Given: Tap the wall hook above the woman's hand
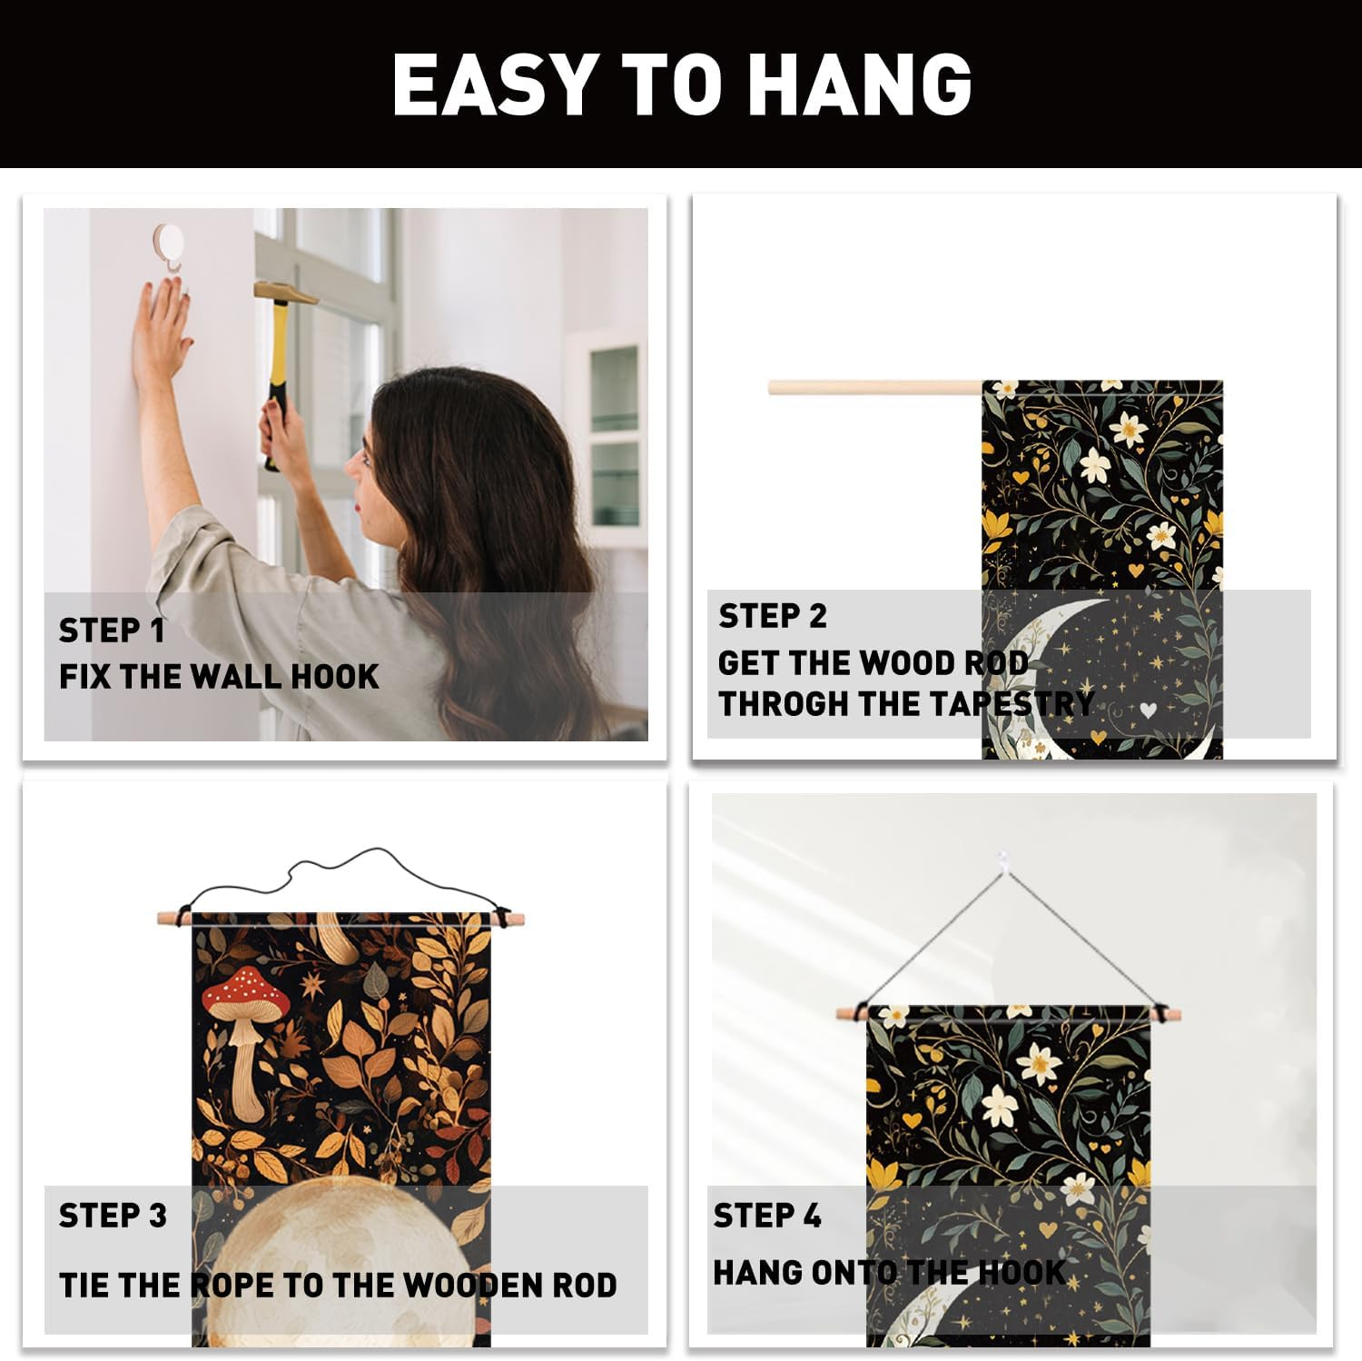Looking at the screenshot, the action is pyautogui.click(x=168, y=245).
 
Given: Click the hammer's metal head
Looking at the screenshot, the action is pyautogui.click(x=284, y=293).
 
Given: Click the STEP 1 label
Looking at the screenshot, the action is pyautogui.click(x=112, y=630).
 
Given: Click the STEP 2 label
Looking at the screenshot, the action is pyautogui.click(x=773, y=616).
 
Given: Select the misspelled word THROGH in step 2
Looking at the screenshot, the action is pyautogui.click(x=780, y=703).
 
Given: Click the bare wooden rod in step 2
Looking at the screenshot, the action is pyautogui.click(x=876, y=388).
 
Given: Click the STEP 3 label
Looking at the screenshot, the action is pyautogui.click(x=113, y=1216).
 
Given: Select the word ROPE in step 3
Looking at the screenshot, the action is pyautogui.click(x=232, y=1286).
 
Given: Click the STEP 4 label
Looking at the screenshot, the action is pyautogui.click(x=767, y=1216).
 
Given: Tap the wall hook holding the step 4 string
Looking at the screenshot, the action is pyautogui.click(x=1002, y=859).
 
